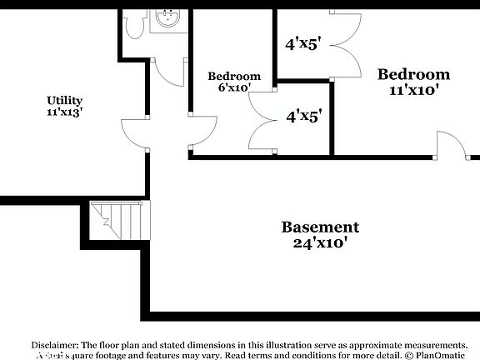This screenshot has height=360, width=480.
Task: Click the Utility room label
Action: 64,101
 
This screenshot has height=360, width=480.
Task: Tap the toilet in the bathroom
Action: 133,26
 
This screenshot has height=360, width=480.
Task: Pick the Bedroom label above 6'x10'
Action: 234,77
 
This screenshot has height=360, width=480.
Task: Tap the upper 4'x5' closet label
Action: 303,44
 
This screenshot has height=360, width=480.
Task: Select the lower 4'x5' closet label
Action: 303,117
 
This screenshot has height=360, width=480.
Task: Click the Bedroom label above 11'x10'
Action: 414,74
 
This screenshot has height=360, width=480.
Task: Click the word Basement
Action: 320,227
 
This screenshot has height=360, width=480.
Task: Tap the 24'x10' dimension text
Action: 320,243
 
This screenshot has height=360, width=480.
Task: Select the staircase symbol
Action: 116,220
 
